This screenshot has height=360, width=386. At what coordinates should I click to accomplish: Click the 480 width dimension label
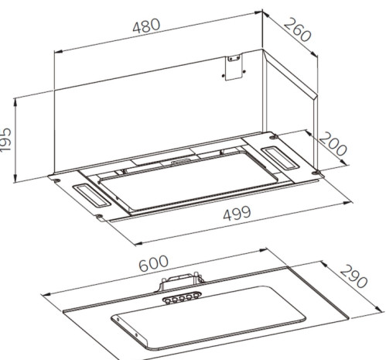(x=146, y=26)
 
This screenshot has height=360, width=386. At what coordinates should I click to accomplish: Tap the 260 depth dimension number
(x=298, y=29)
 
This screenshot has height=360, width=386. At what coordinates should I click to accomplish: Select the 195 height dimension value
(x=5, y=140)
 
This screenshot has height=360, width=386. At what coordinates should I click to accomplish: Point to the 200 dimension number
(x=333, y=144)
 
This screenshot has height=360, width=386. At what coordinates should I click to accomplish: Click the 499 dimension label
(x=237, y=213)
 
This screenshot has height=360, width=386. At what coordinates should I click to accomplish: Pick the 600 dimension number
(x=153, y=263)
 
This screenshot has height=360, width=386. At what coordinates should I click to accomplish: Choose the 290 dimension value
(x=354, y=276)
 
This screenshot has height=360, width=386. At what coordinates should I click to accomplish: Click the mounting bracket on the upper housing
(x=234, y=67)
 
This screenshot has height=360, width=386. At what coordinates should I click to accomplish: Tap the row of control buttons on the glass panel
(x=182, y=297)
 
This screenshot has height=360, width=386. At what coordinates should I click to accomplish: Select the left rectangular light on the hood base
(x=92, y=196)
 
